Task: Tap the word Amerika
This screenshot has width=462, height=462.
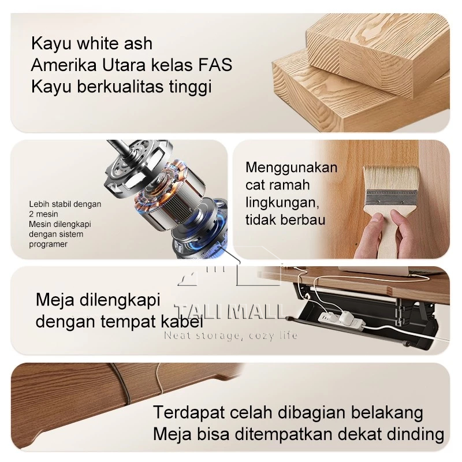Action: [x=64, y=65]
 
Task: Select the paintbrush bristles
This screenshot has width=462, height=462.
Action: [x=391, y=178]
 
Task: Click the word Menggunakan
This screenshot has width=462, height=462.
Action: [x=292, y=168]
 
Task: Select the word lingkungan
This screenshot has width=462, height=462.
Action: [x=282, y=203]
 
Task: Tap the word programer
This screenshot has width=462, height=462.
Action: [x=48, y=244]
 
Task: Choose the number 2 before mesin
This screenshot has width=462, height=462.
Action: [x=31, y=214]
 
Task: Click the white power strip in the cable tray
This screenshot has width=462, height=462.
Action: [x=342, y=322]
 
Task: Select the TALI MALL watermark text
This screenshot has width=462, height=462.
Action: [x=230, y=312]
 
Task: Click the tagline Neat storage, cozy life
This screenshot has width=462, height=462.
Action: [x=230, y=336]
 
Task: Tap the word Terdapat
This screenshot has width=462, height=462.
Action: [x=189, y=413]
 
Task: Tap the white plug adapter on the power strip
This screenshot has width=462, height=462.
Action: [x=348, y=318]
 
